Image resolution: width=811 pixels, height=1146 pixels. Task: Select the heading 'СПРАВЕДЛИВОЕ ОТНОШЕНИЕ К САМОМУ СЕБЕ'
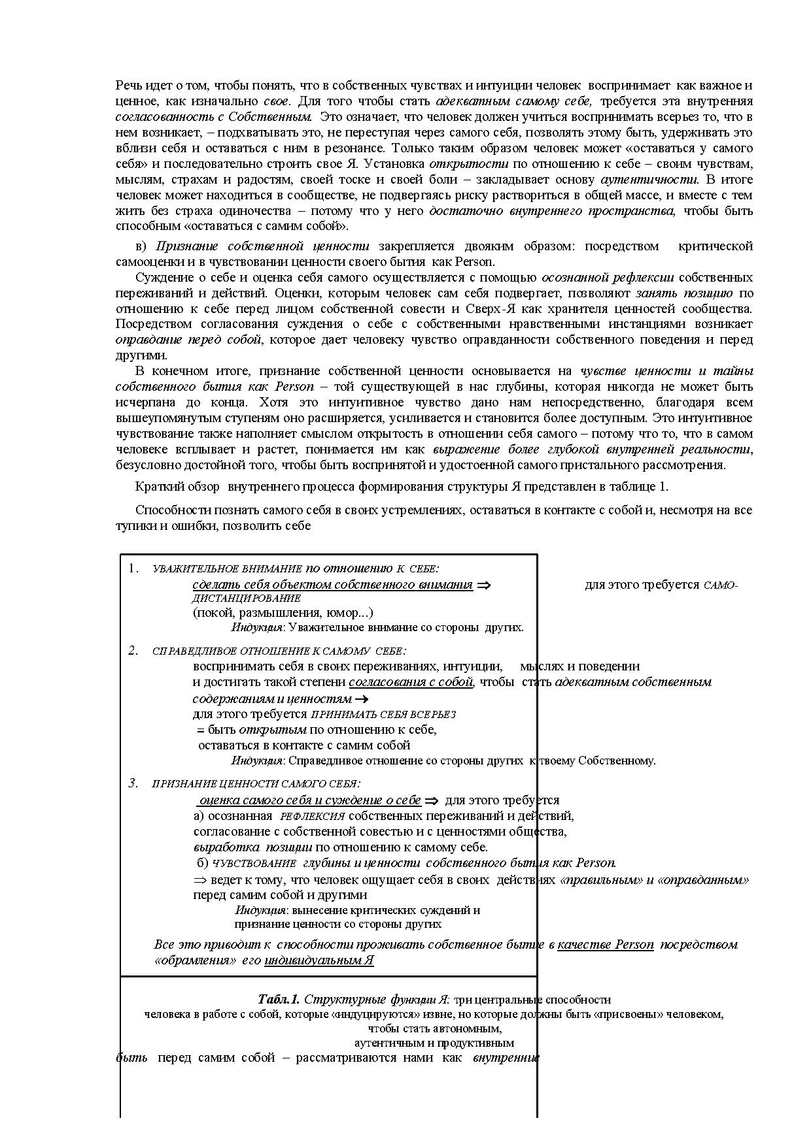click(279, 651)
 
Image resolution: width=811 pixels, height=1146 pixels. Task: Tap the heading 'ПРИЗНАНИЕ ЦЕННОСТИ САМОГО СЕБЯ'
click(256, 784)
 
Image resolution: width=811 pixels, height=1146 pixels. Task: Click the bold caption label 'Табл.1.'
click(279, 999)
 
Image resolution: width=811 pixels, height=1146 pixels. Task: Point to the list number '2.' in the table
click(133, 650)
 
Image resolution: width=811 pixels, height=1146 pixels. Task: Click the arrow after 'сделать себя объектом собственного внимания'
click(483, 585)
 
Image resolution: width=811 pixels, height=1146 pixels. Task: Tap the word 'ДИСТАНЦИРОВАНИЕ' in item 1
click(246, 598)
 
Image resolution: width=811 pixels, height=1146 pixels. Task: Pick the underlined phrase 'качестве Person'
click(605, 945)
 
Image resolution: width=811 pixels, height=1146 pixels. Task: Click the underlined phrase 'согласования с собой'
click(411, 682)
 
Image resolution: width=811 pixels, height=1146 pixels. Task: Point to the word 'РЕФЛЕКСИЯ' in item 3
click(312, 817)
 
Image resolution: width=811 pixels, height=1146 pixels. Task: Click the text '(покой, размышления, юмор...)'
click(283, 613)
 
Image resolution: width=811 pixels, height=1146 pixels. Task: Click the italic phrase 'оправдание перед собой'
click(188, 340)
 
